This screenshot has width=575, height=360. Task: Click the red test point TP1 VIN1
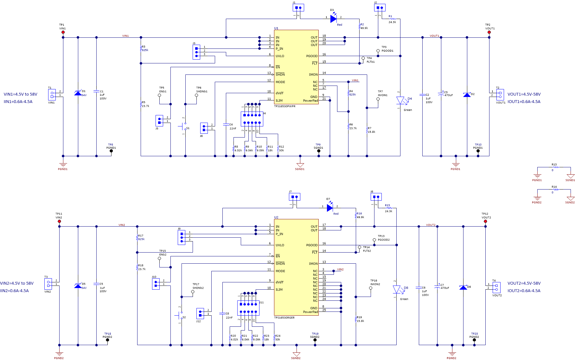(63, 32)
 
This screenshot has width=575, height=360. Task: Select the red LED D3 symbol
(333, 19)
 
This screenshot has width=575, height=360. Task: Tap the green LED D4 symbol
(400, 101)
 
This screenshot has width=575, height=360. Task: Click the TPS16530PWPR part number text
(285, 106)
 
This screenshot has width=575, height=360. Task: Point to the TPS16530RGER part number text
(284, 318)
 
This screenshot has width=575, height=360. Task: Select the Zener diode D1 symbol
(78, 93)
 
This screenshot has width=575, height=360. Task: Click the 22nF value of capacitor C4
(233, 129)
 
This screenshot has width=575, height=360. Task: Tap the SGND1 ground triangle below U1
(300, 165)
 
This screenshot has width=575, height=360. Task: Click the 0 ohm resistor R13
(554, 167)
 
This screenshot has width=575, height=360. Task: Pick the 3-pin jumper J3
(196, 52)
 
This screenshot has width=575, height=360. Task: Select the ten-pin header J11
(248, 308)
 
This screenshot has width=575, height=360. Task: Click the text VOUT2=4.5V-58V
(524, 283)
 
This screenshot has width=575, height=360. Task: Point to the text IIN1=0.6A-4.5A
(18, 102)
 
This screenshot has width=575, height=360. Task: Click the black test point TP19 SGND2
(315, 340)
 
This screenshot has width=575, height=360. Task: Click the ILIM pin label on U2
(279, 290)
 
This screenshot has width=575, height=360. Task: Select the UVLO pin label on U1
(280, 56)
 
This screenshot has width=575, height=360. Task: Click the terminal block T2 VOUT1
(500, 94)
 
